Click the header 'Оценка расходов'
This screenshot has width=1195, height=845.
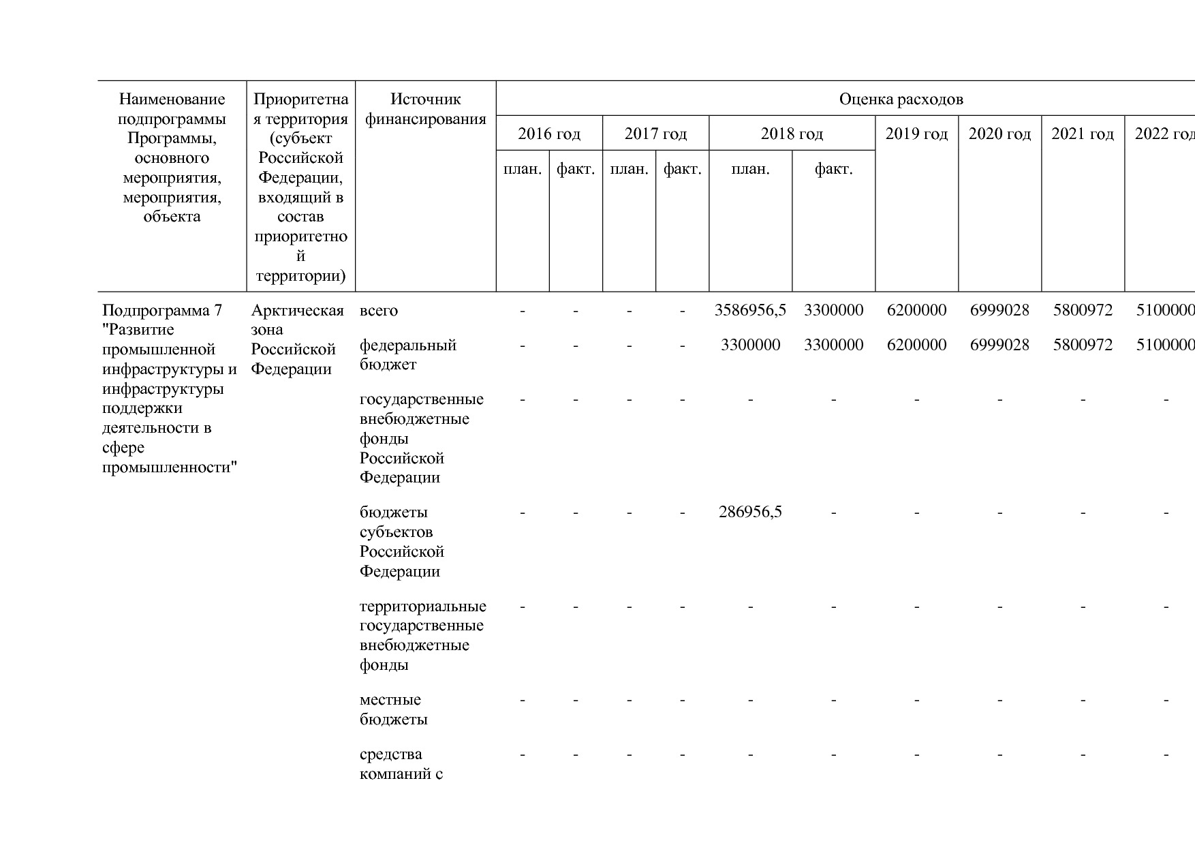pos(901,99)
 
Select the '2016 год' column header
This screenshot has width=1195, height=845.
pos(549,134)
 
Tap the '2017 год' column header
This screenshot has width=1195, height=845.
pos(655,134)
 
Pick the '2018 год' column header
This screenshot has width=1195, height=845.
pos(792,134)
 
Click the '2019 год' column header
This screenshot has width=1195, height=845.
pos(916,134)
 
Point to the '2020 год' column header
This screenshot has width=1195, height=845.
pos(999,134)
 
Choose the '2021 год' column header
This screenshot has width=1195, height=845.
pos(1083,134)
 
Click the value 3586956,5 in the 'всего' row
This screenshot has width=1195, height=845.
pos(750,311)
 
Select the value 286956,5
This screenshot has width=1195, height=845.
pos(750,512)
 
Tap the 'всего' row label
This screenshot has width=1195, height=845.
pos(379,311)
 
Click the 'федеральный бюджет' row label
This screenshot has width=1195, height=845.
pos(407,354)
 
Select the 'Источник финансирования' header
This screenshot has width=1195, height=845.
pos(426,109)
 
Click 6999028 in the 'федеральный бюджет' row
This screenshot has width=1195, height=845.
pos(999,345)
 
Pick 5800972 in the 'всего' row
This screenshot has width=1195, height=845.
pos(1083,311)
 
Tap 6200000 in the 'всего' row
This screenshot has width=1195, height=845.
pos(916,311)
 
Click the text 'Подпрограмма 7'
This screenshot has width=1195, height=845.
pos(162,311)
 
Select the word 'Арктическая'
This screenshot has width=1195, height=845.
pos(297,311)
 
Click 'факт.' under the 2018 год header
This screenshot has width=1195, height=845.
pos(833,169)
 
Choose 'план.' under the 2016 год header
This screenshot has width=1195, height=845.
pos(523,169)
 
